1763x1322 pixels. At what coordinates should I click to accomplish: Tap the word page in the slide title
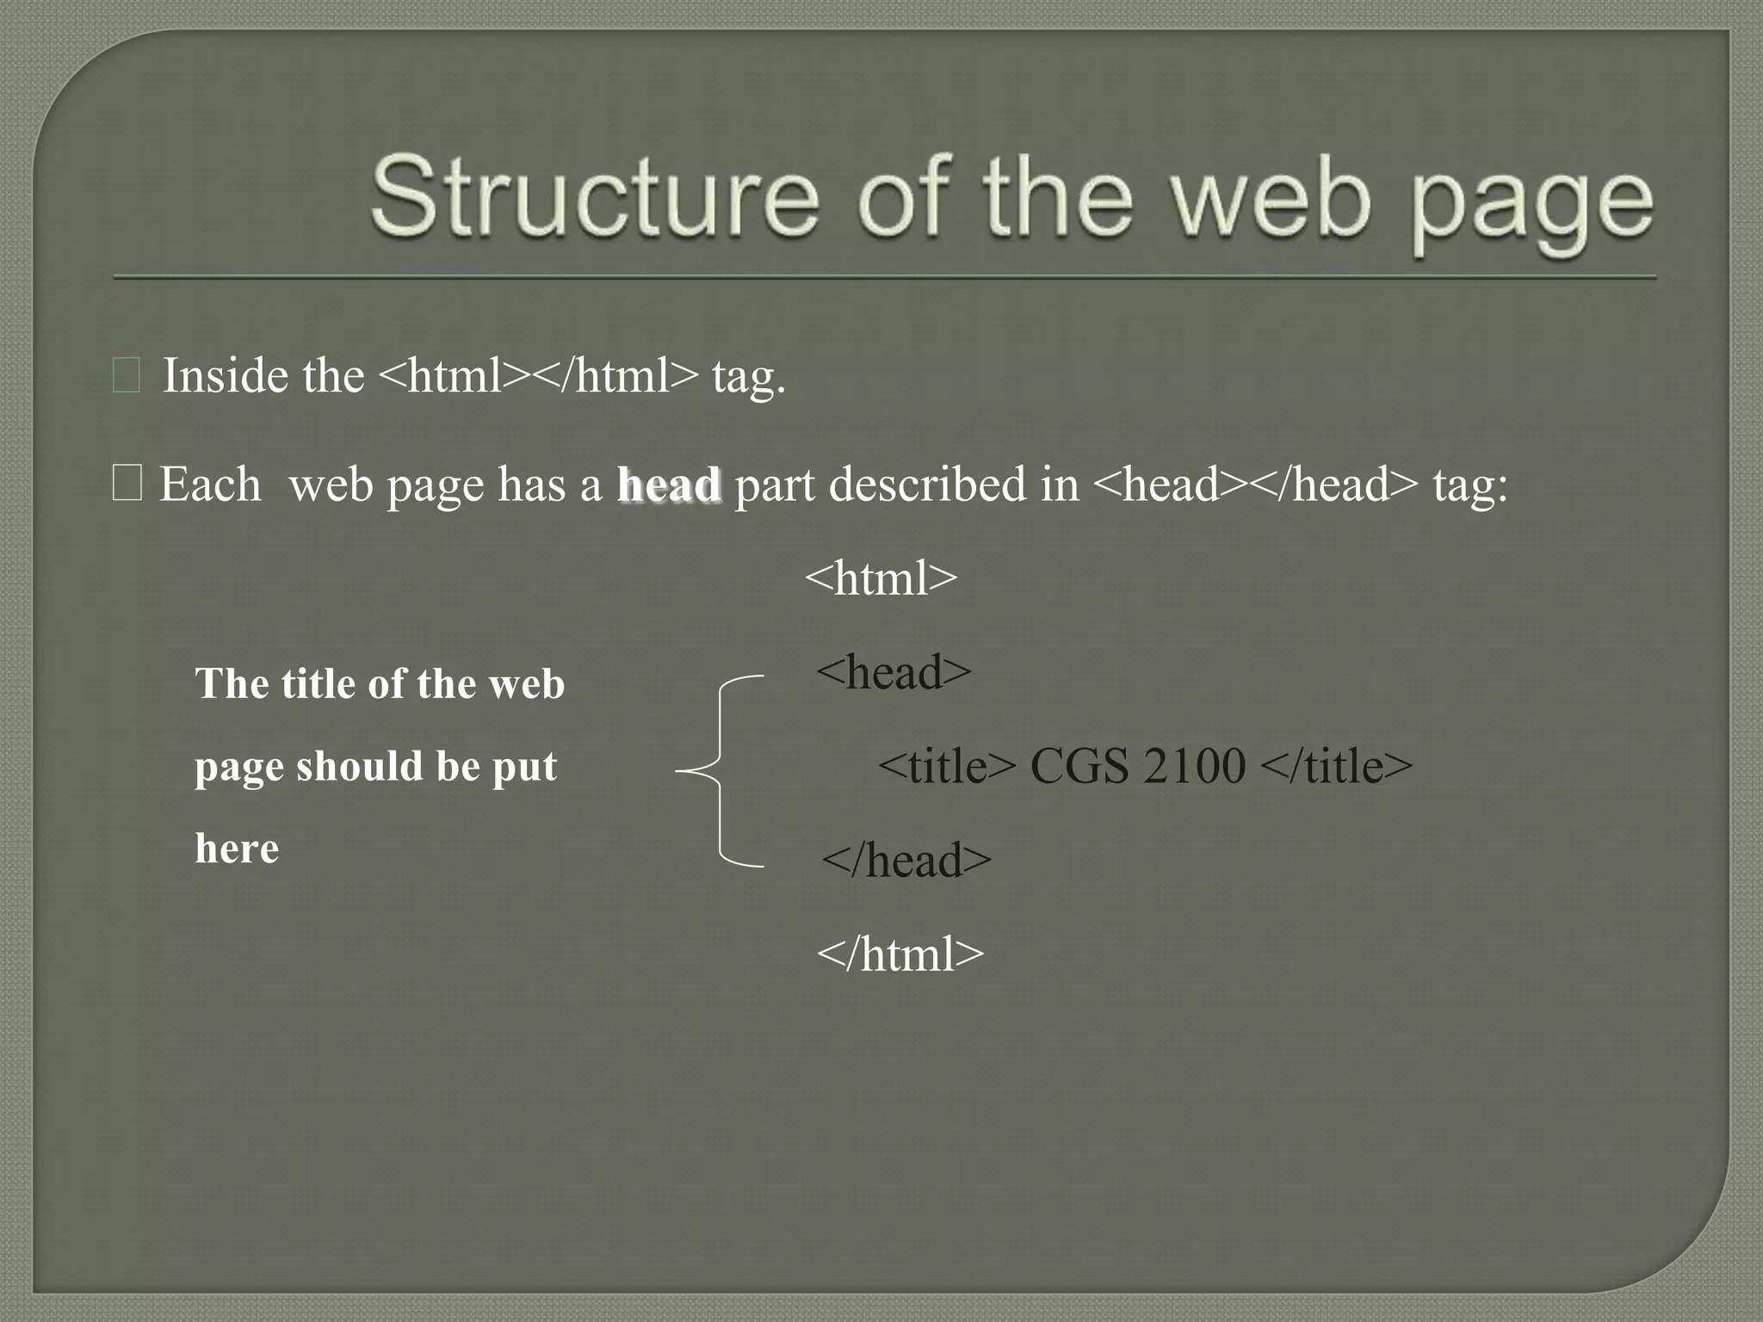[x=1532, y=207]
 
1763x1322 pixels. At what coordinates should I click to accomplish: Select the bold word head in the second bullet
[x=669, y=485]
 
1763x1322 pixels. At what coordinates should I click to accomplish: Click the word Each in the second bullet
[x=210, y=484]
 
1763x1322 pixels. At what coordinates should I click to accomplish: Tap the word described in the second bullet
[x=928, y=484]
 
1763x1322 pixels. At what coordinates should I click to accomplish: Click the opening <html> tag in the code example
[x=881, y=578]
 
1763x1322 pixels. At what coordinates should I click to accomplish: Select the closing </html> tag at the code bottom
[x=900, y=954]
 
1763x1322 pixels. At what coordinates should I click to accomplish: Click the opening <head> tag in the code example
[x=894, y=671]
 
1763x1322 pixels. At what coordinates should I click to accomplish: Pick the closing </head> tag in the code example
[x=906, y=860]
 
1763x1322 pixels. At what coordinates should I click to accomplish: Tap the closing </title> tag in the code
[x=1336, y=765]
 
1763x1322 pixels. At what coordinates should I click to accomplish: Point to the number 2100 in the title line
[x=1194, y=765]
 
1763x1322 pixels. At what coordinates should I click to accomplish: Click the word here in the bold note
[x=237, y=848]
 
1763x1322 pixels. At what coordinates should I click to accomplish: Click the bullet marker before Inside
[x=127, y=377]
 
